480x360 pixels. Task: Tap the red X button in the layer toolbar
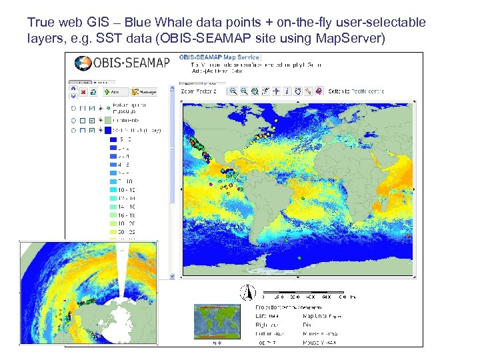click(x=83, y=91)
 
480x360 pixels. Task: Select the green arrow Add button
click(x=111, y=91)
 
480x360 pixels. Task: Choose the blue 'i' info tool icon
click(x=287, y=91)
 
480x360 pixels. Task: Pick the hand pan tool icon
click(x=297, y=91)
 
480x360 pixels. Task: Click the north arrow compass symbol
click(x=247, y=291)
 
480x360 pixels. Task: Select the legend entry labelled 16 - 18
click(x=124, y=215)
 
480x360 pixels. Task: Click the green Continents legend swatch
click(x=108, y=119)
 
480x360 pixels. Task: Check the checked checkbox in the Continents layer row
click(x=91, y=120)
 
